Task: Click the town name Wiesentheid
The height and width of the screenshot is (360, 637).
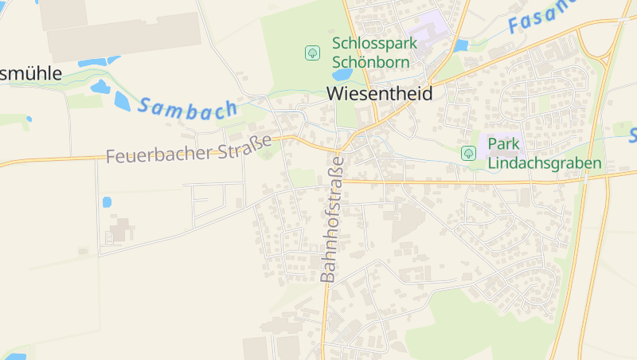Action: tap(380, 93)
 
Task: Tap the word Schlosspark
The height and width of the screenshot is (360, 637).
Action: tap(371, 43)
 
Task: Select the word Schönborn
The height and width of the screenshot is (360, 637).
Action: tap(371, 62)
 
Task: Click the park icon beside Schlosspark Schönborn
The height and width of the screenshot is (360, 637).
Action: tap(312, 53)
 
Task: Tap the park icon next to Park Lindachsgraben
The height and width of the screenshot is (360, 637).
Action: tap(468, 153)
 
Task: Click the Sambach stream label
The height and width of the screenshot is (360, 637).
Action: tap(188, 108)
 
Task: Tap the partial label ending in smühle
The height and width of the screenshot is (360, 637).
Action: tap(30, 73)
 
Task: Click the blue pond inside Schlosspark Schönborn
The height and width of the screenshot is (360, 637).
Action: tap(342, 74)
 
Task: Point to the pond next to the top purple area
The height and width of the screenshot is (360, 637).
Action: tap(460, 46)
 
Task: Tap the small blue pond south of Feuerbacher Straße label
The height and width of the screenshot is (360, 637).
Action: tap(107, 202)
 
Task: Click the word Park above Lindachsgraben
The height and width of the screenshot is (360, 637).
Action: tap(503, 144)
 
